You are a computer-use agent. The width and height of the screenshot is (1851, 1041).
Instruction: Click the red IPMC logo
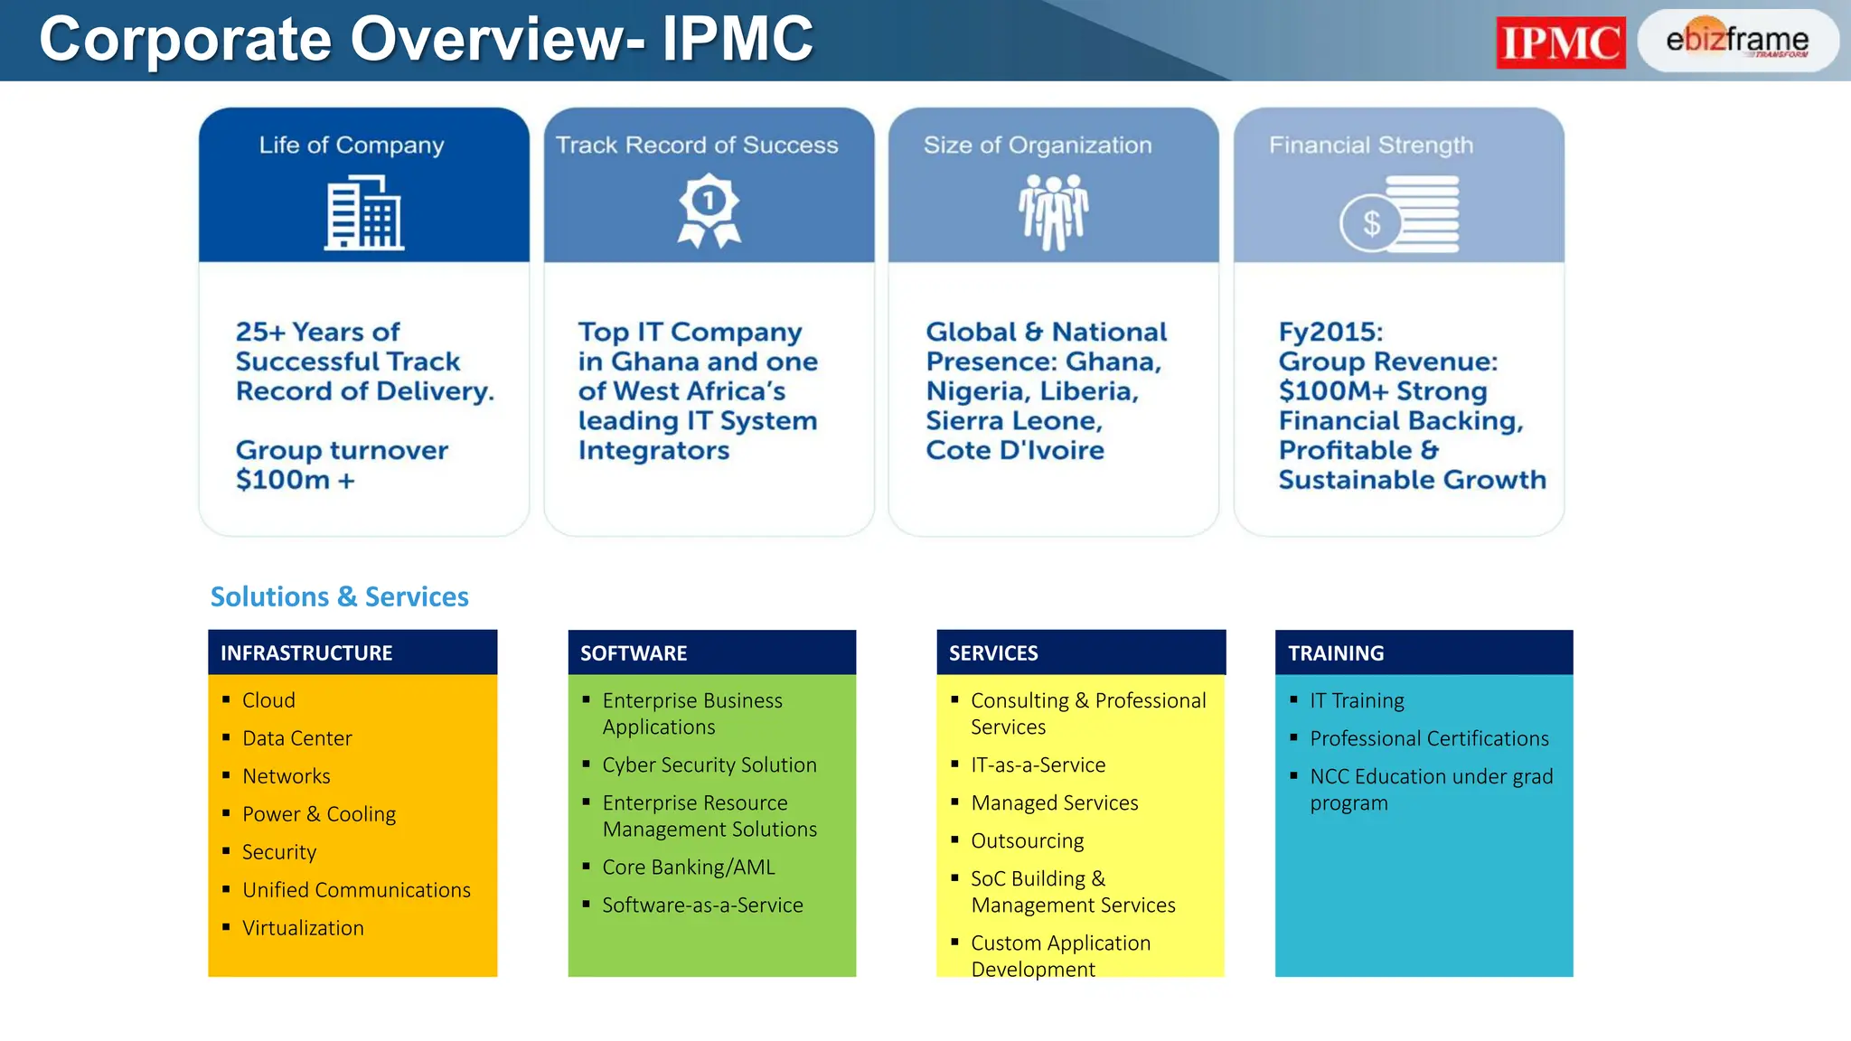click(1560, 42)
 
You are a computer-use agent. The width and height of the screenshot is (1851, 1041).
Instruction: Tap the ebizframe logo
click(1737, 41)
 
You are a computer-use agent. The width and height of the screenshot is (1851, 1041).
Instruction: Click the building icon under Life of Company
click(364, 213)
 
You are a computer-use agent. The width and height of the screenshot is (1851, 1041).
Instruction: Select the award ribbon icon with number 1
click(709, 211)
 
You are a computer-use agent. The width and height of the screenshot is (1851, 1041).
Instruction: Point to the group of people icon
click(1053, 211)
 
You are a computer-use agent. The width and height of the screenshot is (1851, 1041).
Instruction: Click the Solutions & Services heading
click(339, 596)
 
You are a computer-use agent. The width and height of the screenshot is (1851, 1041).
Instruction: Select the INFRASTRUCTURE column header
click(306, 652)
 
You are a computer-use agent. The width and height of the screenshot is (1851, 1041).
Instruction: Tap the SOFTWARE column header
click(634, 652)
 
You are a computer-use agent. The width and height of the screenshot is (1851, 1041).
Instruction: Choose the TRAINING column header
click(1336, 652)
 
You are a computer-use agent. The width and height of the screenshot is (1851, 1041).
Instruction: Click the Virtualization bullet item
click(303, 928)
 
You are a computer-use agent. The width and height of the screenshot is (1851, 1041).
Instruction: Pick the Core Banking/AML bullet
click(689, 867)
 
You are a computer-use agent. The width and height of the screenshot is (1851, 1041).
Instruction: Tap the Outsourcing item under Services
click(1027, 841)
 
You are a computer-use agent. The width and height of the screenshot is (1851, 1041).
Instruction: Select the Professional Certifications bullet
click(1429, 739)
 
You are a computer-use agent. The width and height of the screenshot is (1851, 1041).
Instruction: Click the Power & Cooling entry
click(319, 814)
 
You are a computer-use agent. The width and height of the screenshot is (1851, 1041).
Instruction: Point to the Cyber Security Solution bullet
click(709, 765)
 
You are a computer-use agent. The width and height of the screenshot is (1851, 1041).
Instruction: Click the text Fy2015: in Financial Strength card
click(1330, 332)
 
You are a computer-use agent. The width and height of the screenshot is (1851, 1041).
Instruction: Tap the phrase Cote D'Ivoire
click(1015, 450)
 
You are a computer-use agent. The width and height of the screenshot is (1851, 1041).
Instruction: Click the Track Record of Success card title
click(697, 145)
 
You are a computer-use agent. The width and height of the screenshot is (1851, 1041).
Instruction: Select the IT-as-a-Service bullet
click(1038, 765)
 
